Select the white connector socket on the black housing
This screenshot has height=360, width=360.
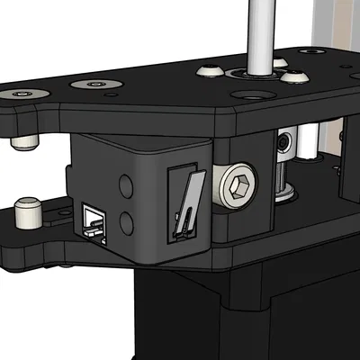point(93,220)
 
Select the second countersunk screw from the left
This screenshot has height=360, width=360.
point(93,84)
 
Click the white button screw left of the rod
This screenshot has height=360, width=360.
point(210,70)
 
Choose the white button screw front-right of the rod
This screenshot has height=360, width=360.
point(290,77)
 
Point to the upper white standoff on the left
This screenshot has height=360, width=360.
point(22,141)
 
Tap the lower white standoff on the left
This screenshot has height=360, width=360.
point(30,213)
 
